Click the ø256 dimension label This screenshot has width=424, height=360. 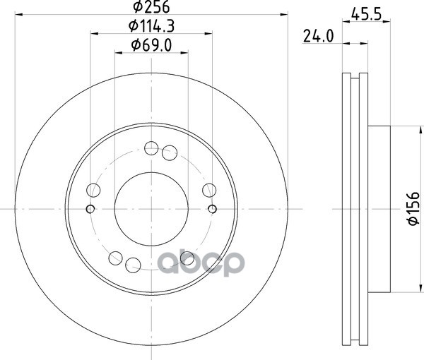(x=151, y=6)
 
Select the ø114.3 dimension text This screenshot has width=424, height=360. (x=151, y=26)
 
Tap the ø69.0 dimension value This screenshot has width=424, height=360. (x=151, y=45)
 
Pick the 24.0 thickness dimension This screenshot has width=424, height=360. (x=318, y=36)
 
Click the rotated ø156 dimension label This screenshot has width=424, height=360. (x=413, y=208)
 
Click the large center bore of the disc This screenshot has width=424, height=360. (x=151, y=209)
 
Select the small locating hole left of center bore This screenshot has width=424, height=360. (x=90, y=209)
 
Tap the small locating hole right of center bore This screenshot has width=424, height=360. (x=213, y=209)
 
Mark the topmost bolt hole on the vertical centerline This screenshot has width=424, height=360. (x=151, y=148)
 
